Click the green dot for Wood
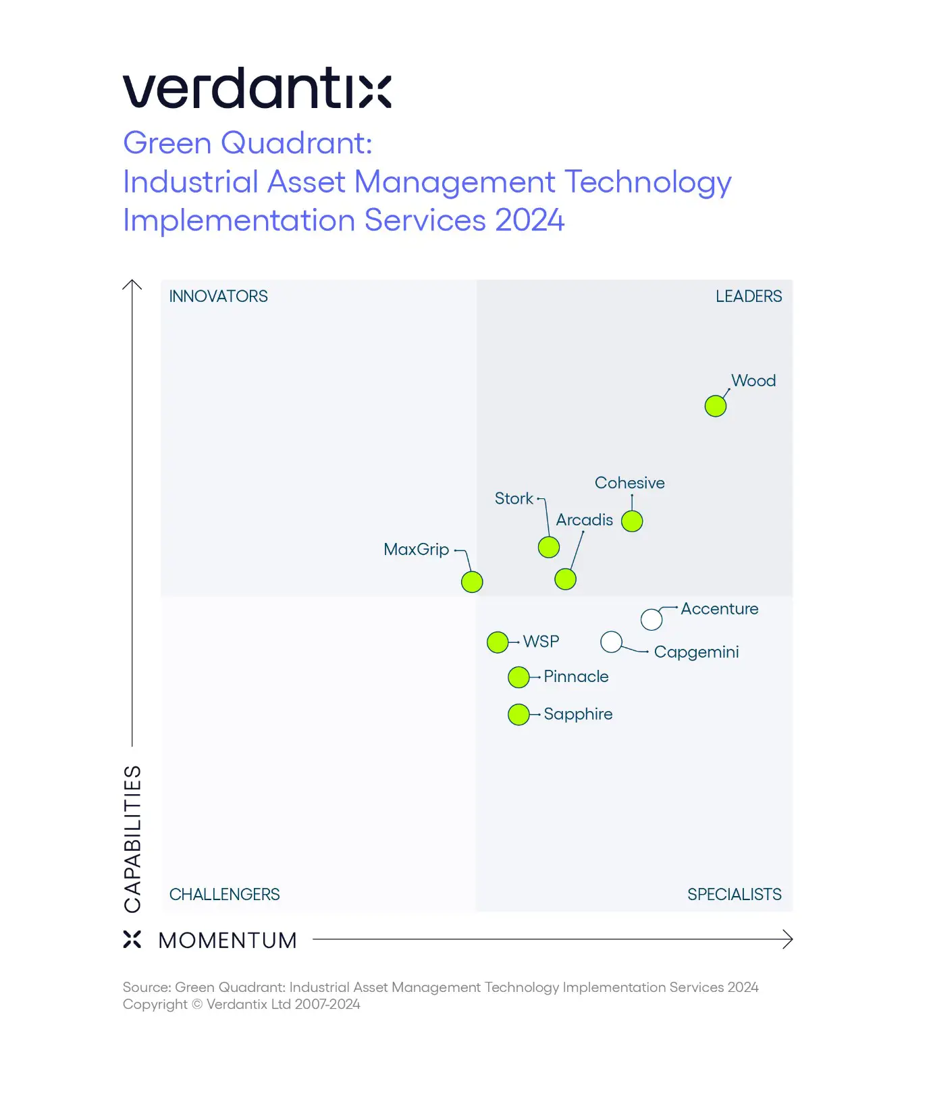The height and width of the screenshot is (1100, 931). (715, 406)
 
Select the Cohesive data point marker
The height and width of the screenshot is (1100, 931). (632, 521)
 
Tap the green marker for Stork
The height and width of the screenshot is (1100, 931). (548, 547)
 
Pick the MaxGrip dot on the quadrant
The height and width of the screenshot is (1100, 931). (472, 581)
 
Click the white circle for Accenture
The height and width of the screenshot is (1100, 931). (651, 619)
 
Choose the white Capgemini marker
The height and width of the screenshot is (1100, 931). (611, 641)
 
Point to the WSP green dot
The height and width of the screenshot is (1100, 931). (498, 642)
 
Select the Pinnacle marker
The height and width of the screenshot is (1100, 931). (518, 677)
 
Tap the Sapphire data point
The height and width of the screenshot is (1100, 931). (518, 714)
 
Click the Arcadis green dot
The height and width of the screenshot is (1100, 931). (565, 579)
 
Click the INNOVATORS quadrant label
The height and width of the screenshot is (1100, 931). (218, 296)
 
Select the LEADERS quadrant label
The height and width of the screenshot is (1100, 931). (748, 296)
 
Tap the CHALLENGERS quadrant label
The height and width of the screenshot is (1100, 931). (224, 895)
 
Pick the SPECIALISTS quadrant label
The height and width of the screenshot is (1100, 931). (734, 895)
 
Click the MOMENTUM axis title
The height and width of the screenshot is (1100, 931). (228, 941)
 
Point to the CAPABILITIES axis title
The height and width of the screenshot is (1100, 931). (133, 839)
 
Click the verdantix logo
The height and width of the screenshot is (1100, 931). (257, 88)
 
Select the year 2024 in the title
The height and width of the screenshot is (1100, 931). (529, 221)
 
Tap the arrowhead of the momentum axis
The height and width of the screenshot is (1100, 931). (788, 939)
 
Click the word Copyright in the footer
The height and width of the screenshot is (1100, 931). (155, 1004)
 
